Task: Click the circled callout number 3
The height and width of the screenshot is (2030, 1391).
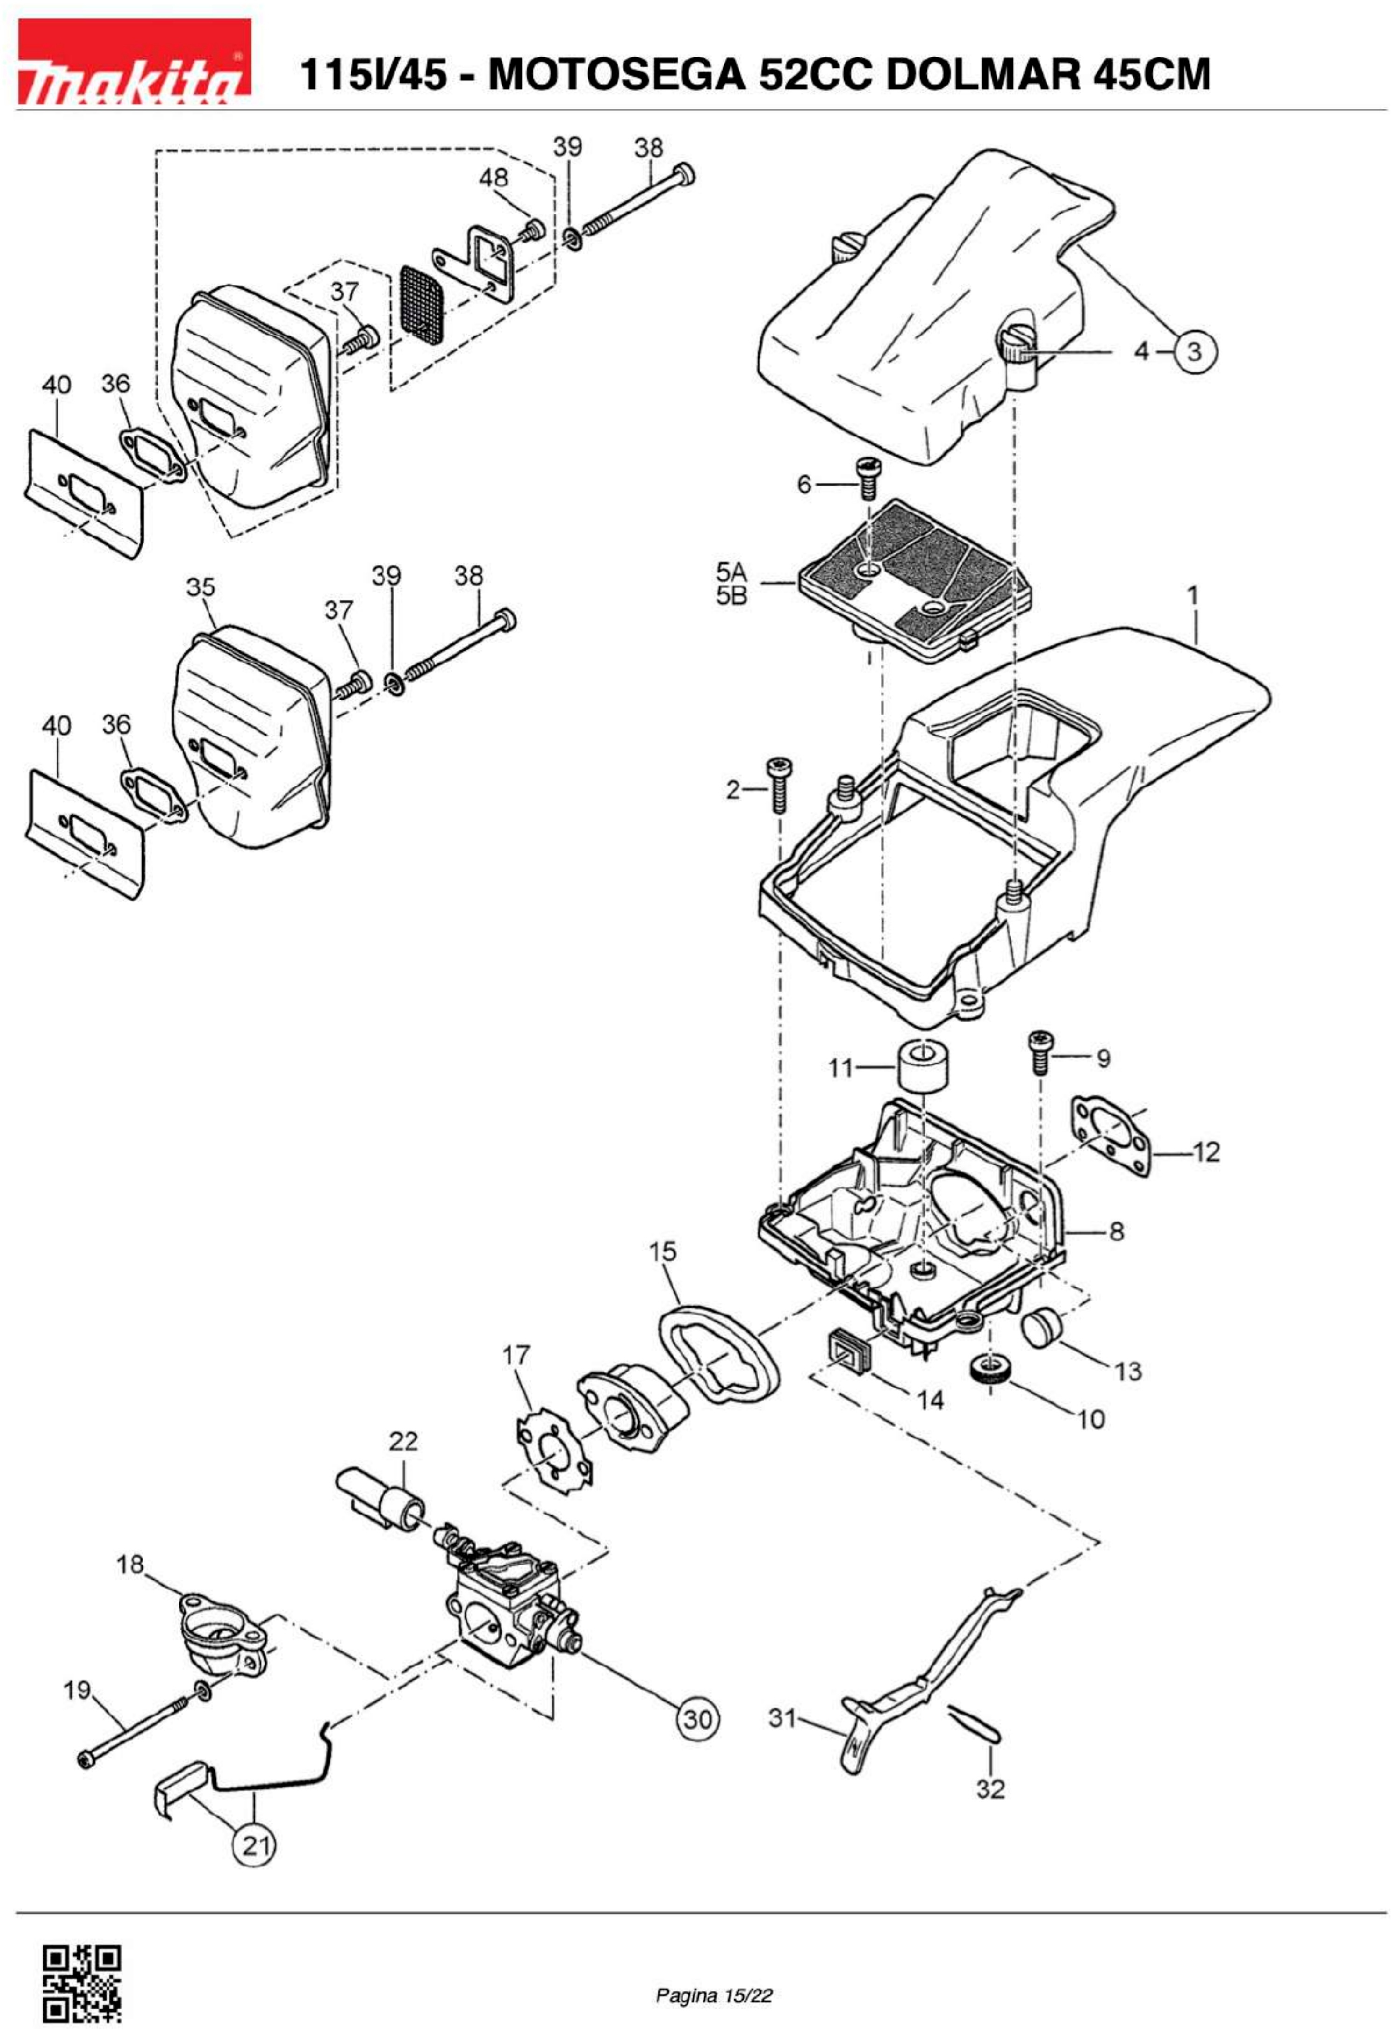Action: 1194,352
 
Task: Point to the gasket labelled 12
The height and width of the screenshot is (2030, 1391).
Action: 1110,1132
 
